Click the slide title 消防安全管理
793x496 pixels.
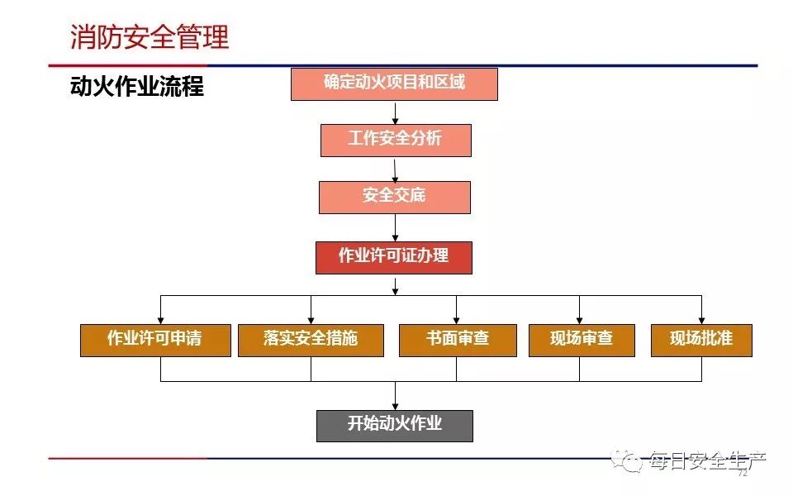pos(150,37)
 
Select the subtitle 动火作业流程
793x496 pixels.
pos(137,86)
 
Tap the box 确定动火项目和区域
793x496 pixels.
pos(394,83)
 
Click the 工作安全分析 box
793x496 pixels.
pos(396,140)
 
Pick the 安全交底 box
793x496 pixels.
pos(395,197)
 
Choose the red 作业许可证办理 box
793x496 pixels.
pos(394,257)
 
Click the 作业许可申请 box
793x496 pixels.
pos(155,340)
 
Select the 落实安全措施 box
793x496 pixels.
pos(311,340)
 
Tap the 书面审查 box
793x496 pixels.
pos(458,340)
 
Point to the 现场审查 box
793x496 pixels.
pos(582,340)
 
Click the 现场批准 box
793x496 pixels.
pos(701,340)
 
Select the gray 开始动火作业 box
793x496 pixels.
pos(395,425)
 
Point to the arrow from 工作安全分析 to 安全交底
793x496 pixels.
pos(396,169)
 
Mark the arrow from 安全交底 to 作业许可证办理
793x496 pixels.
pos(395,228)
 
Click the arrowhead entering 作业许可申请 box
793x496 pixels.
pos(161,320)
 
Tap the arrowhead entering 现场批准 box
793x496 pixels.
pos(701,320)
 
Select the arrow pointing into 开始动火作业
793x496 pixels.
pos(395,398)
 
